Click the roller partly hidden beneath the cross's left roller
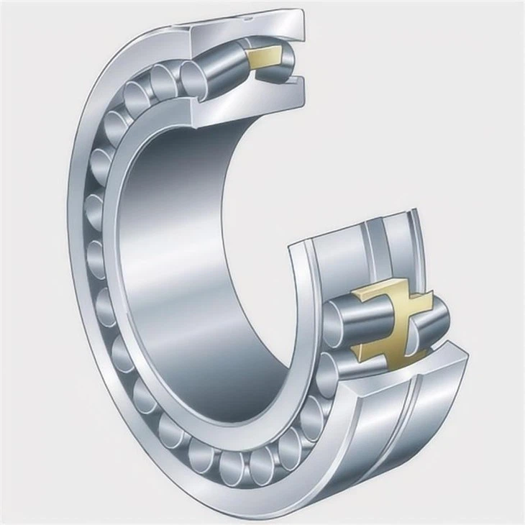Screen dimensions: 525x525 (x=338, y=356)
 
